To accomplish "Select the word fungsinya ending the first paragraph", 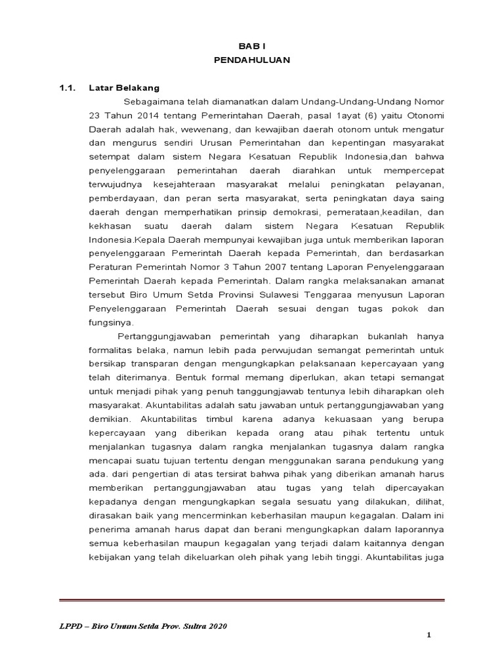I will (x=112, y=322).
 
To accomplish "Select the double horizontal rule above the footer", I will (x=252, y=600).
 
